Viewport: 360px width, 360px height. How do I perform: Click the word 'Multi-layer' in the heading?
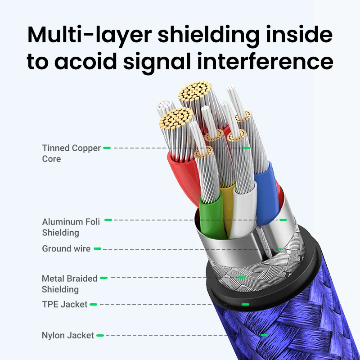(x=90, y=35)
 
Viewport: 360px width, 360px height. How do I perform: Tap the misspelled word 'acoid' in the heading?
(x=85, y=61)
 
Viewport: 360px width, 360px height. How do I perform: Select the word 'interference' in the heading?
(x=265, y=61)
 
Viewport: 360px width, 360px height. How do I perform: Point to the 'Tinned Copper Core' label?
(x=71, y=153)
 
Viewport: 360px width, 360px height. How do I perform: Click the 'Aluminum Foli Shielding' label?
(x=71, y=227)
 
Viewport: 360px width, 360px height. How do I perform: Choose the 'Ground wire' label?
(x=66, y=249)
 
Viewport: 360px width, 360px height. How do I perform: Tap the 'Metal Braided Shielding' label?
(x=70, y=284)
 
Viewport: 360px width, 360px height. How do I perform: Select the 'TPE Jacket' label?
(x=65, y=305)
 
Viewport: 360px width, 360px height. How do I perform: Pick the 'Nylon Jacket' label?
(x=68, y=335)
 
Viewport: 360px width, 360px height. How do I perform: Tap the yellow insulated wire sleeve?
(x=227, y=207)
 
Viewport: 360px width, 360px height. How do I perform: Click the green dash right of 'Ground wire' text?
(x=97, y=249)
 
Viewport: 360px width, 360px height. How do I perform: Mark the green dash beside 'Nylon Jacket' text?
(x=100, y=335)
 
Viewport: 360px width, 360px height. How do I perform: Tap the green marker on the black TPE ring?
(x=245, y=305)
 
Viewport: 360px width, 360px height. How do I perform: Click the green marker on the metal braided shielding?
(x=241, y=278)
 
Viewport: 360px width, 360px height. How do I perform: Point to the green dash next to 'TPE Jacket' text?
(x=93, y=305)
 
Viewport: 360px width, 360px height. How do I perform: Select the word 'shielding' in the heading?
(x=208, y=35)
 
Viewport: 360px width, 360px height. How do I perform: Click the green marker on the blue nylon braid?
(x=265, y=335)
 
